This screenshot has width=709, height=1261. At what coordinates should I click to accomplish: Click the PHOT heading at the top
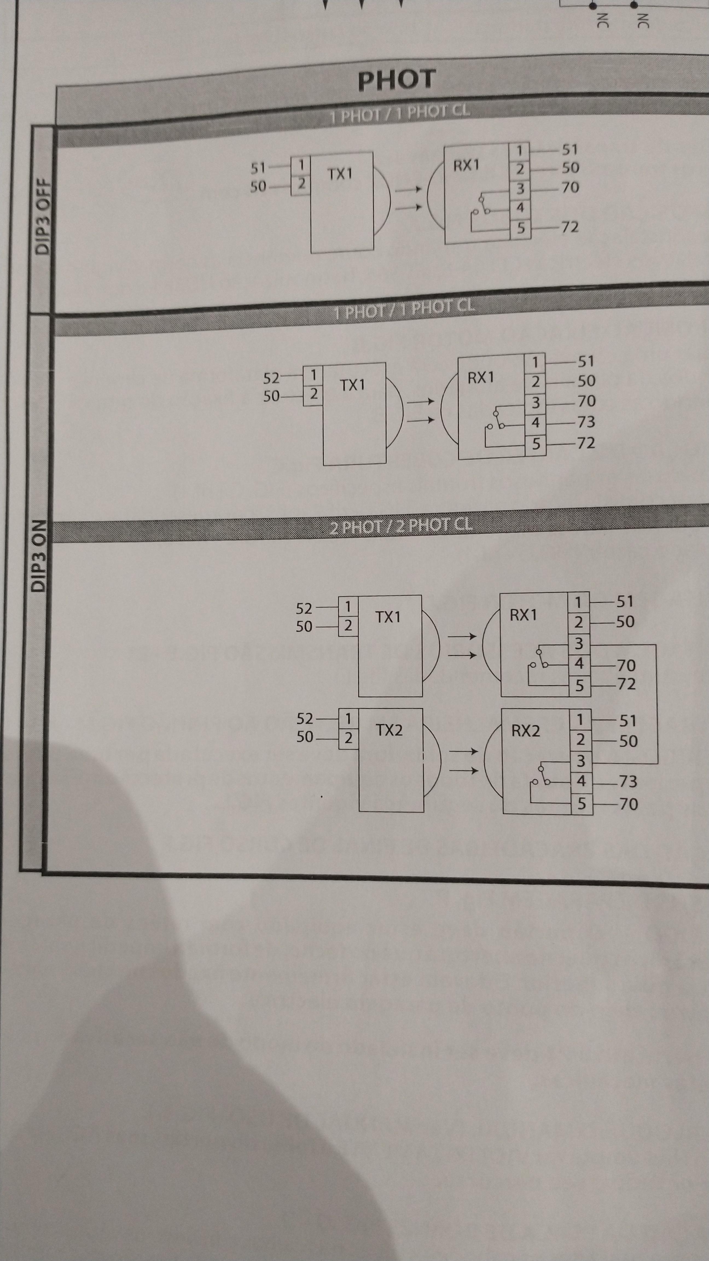pyautogui.click(x=396, y=80)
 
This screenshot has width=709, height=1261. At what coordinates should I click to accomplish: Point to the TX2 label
pyautogui.click(x=389, y=730)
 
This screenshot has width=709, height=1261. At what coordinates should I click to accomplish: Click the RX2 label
pyautogui.click(x=525, y=731)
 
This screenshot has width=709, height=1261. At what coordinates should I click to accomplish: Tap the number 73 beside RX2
pyautogui.click(x=628, y=781)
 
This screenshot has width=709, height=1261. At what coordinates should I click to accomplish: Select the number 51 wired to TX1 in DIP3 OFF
pyautogui.click(x=258, y=168)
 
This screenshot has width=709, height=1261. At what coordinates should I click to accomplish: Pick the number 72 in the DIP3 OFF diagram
pyautogui.click(x=569, y=227)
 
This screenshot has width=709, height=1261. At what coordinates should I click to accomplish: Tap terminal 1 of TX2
pyautogui.click(x=348, y=719)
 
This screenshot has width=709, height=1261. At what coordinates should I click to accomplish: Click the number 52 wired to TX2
pyautogui.click(x=305, y=719)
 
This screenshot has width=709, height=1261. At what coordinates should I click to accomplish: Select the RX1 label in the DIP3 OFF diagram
pyautogui.click(x=466, y=166)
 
